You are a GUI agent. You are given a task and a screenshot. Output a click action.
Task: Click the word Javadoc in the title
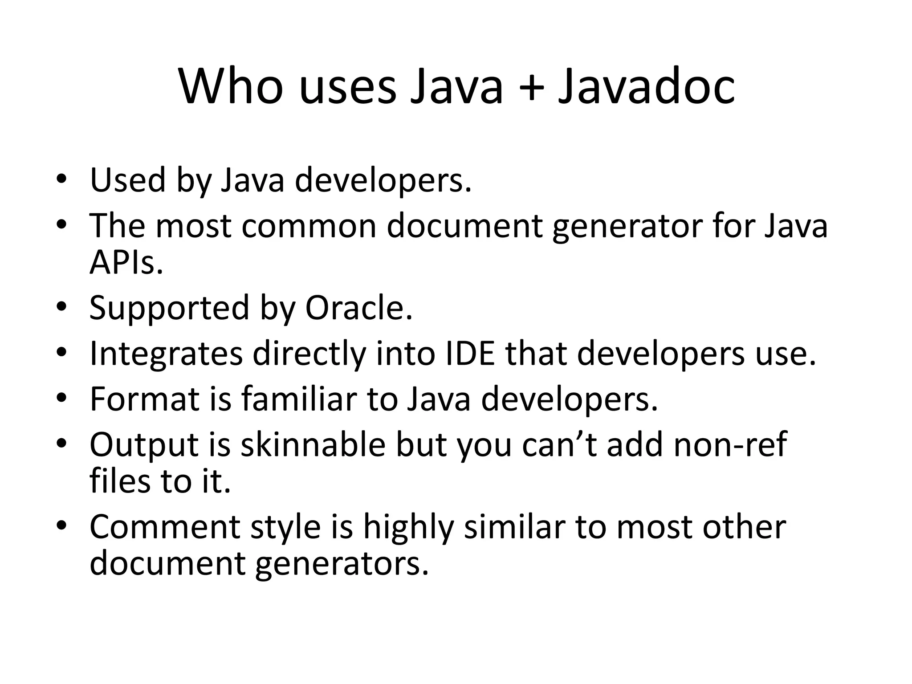(x=646, y=87)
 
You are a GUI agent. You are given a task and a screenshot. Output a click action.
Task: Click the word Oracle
(x=359, y=308)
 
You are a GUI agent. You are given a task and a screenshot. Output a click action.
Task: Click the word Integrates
(x=166, y=355)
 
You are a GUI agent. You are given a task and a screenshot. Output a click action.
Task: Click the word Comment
(x=165, y=527)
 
